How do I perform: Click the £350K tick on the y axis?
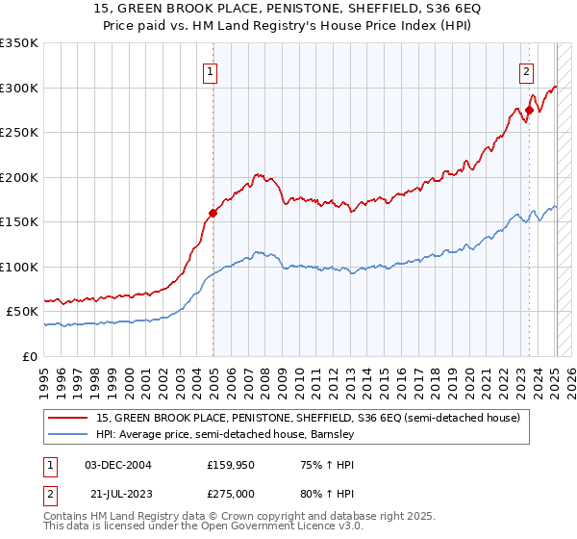19,43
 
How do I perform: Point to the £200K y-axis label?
19,177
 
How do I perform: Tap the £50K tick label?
22,312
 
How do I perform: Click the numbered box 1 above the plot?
210,70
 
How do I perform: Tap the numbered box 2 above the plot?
527,70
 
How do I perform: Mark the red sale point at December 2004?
213,214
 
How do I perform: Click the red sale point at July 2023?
529,111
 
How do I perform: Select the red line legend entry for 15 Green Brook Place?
308,418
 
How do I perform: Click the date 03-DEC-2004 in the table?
118,465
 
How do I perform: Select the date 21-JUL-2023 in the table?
117,494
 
